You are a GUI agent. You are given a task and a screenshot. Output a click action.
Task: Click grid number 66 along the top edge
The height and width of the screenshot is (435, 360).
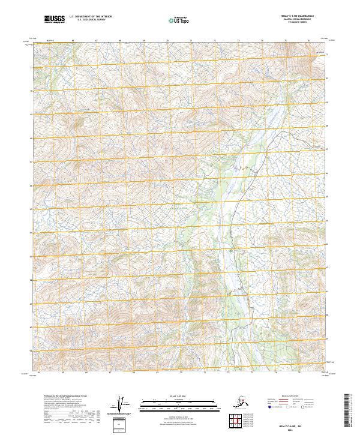click(73, 41)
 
